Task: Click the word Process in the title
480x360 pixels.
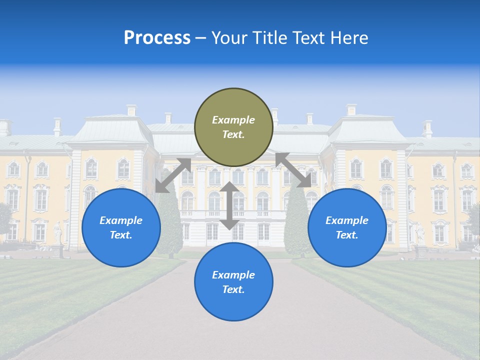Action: pyautogui.click(x=157, y=38)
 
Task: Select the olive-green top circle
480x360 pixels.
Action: pyautogui.click(x=233, y=127)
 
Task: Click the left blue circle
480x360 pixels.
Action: pyautogui.click(x=121, y=227)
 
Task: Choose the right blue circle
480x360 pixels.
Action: pyautogui.click(x=347, y=227)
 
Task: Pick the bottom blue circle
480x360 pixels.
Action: pyautogui.click(x=233, y=282)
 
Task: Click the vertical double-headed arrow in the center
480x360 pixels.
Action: pyautogui.click(x=229, y=205)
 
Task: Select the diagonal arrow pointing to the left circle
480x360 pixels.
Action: pyautogui.click(x=173, y=175)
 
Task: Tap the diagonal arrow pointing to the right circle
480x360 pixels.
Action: pyautogui.click(x=293, y=170)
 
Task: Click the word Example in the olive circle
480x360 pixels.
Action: pyautogui.click(x=233, y=120)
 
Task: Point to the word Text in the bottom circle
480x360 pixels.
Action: pyautogui.click(x=233, y=289)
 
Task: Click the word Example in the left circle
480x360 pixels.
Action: pyautogui.click(x=121, y=220)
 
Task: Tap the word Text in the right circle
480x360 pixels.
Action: pyautogui.click(x=347, y=235)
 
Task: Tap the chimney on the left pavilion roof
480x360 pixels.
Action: pyautogui.click(x=131, y=110)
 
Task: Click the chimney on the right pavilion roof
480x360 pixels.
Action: pyautogui.click(x=351, y=110)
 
